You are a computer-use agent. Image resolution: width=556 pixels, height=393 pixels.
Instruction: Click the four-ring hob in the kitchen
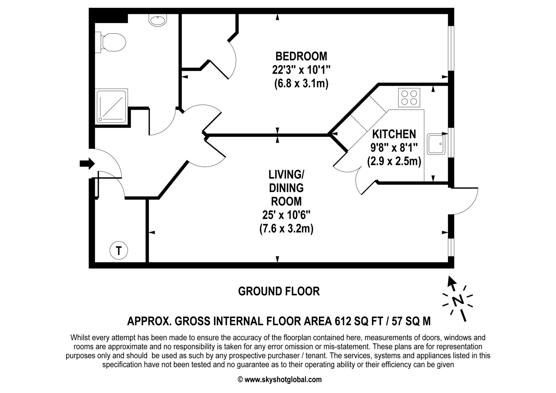(409, 97)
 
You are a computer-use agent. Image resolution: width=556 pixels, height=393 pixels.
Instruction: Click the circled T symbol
(119, 251)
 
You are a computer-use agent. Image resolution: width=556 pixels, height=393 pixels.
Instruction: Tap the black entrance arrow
(87, 164)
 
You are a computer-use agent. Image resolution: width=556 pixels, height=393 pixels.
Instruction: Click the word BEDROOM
(301, 56)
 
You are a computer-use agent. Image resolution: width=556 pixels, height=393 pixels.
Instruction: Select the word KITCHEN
(394, 134)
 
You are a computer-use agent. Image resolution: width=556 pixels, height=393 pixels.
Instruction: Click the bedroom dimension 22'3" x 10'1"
(301, 70)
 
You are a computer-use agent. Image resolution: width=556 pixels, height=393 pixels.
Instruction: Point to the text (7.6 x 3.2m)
(286, 229)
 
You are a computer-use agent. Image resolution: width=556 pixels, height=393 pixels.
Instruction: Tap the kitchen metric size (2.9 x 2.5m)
(394, 161)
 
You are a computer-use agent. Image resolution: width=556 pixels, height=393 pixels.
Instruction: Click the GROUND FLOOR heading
(279, 291)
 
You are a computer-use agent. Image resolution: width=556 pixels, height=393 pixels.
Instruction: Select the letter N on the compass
(458, 301)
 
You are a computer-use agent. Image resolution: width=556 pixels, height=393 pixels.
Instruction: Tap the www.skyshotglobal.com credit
(283, 379)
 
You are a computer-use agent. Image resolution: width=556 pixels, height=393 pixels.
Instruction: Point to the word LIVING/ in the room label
(286, 174)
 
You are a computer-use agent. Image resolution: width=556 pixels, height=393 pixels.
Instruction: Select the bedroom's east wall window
(451, 48)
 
